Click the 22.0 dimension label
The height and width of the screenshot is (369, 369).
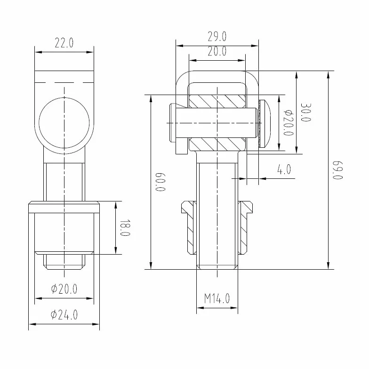click(x=64, y=43)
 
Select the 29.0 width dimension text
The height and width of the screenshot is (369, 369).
click(x=217, y=37)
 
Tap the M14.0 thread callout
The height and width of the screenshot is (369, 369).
click(x=217, y=298)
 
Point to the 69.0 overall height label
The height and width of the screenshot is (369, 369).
click(x=338, y=170)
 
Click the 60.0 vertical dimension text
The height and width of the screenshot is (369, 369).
click(x=160, y=182)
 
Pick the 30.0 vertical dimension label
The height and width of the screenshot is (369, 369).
click(x=306, y=112)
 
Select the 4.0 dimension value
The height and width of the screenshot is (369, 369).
click(x=284, y=169)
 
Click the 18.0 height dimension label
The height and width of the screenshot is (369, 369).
click(x=125, y=228)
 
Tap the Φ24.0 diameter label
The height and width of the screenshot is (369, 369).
click(x=64, y=315)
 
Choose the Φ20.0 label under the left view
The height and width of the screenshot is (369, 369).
click(x=64, y=289)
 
